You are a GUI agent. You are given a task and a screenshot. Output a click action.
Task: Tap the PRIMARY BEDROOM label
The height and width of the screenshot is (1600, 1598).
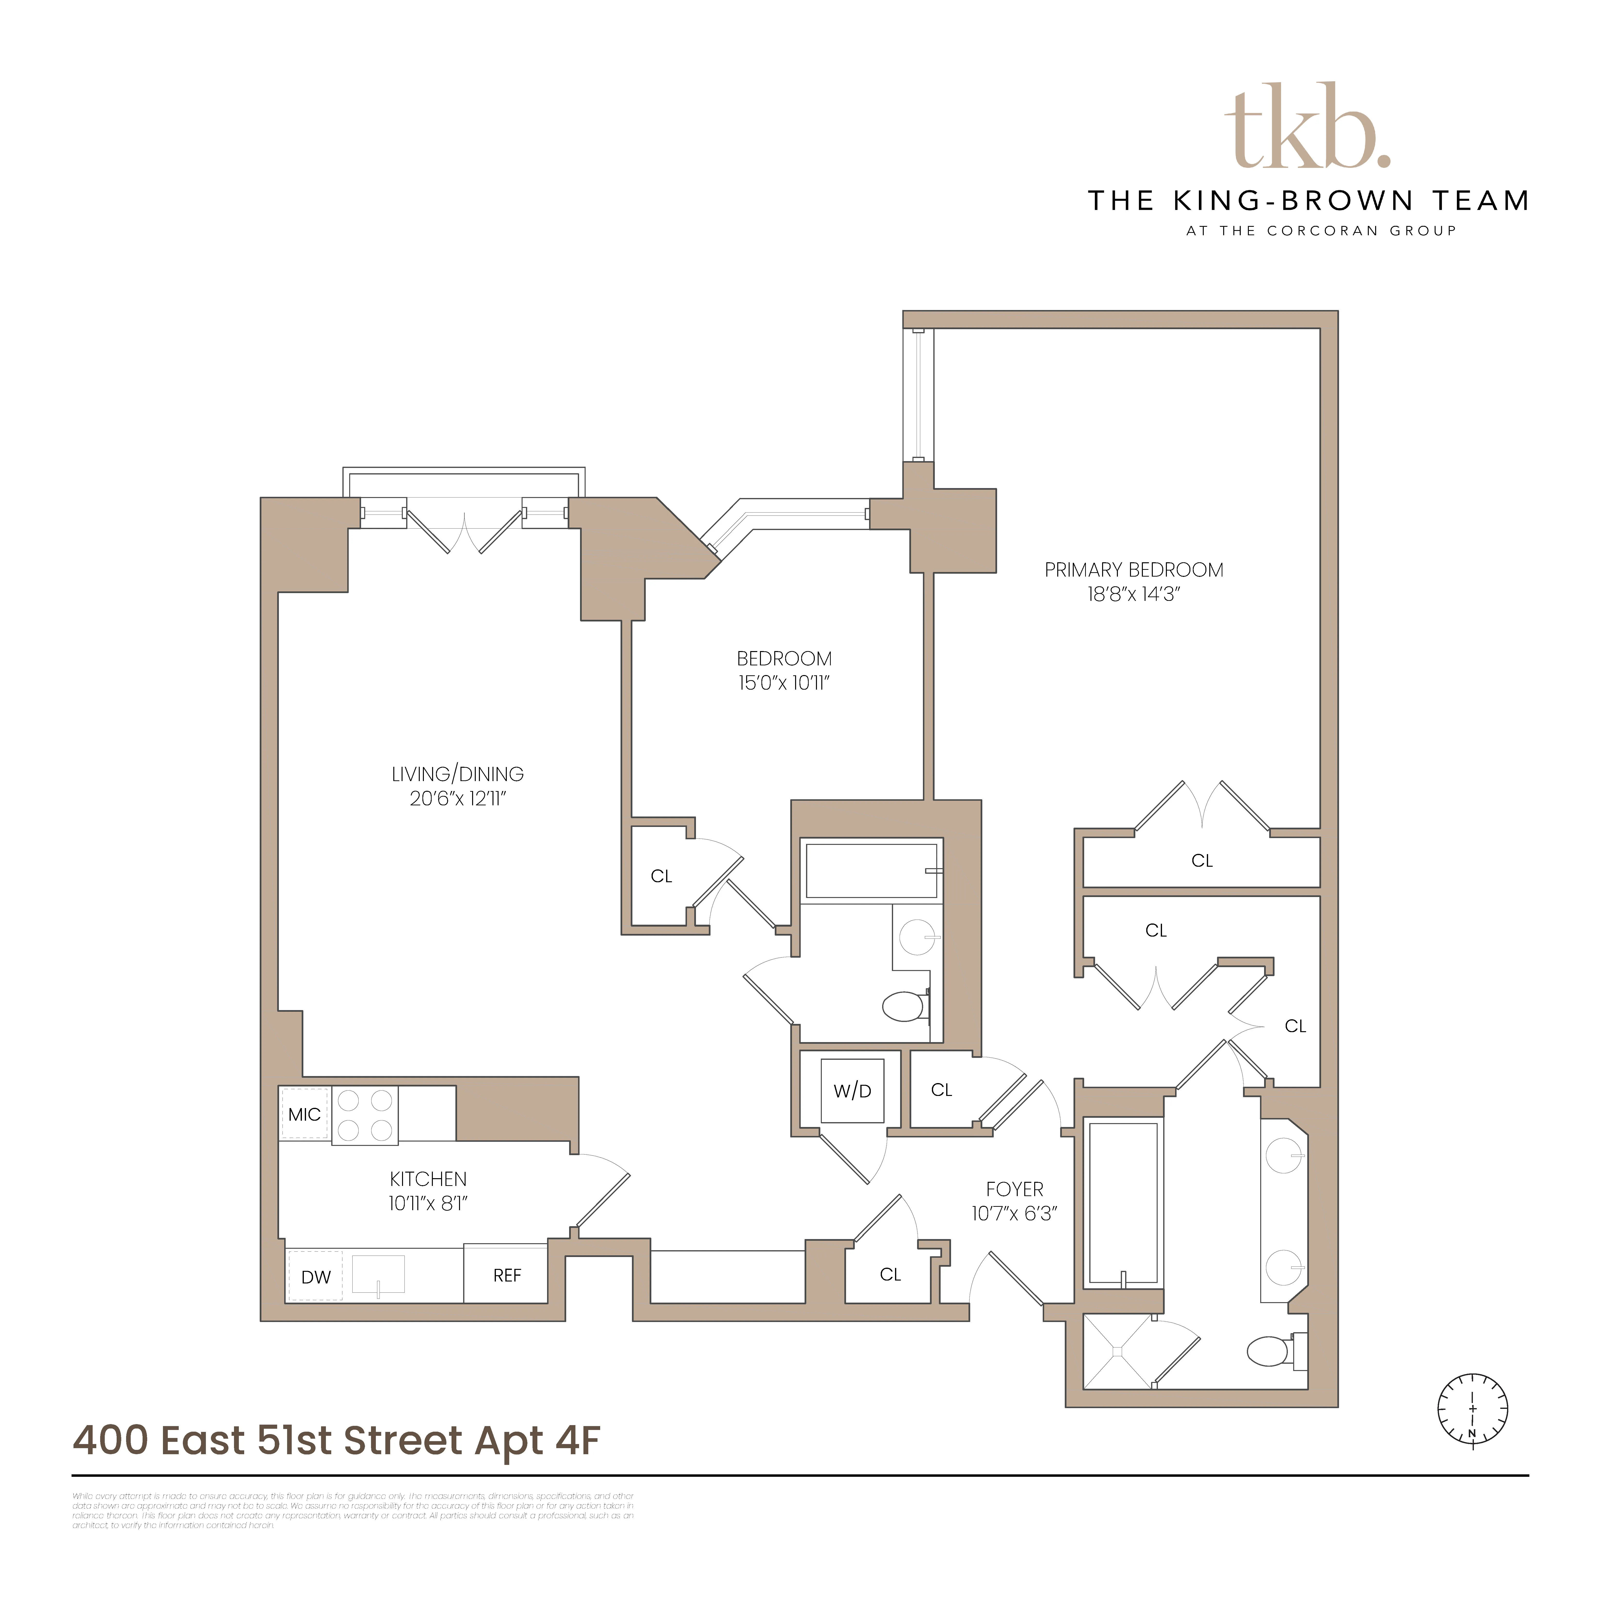[1133, 570]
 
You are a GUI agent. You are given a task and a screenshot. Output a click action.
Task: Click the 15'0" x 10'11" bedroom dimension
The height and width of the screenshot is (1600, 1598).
[783, 683]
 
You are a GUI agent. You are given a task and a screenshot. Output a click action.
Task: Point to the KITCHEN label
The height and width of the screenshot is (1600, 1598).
[428, 1178]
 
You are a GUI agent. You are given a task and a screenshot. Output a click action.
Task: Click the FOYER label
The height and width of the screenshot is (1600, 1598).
[1014, 1189]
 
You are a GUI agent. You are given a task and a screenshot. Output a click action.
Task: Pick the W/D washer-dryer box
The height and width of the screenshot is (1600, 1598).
[852, 1091]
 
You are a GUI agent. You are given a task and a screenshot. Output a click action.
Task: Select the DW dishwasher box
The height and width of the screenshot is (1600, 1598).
[315, 1276]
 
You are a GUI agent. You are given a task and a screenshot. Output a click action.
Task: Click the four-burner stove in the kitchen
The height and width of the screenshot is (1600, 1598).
[364, 1115]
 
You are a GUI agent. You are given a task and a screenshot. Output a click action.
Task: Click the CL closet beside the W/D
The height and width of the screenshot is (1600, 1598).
[941, 1090]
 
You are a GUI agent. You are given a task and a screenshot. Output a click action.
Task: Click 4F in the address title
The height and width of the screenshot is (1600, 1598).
[577, 1441]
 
